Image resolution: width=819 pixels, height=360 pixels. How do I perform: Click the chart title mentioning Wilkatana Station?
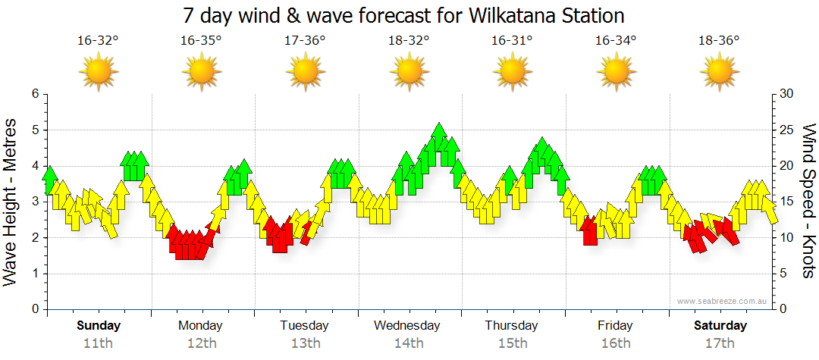click(x=403, y=15)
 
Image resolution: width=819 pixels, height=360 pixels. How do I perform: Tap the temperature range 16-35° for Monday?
click(x=201, y=41)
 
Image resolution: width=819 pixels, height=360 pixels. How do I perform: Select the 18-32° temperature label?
click(x=408, y=41)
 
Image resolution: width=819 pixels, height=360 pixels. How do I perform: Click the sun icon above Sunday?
click(x=98, y=73)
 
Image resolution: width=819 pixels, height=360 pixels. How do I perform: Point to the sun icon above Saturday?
click(x=719, y=73)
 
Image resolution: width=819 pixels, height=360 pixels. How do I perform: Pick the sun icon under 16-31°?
click(x=512, y=73)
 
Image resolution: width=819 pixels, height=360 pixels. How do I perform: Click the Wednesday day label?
click(x=407, y=326)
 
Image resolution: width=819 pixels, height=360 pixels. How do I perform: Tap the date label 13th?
click(x=305, y=343)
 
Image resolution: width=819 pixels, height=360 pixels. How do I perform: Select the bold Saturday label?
click(x=720, y=326)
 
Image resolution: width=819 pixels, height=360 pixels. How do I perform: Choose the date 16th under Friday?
click(x=615, y=343)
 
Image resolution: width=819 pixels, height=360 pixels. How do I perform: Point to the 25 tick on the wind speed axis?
click(x=787, y=130)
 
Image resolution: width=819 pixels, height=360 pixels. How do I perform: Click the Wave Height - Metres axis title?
click(x=11, y=202)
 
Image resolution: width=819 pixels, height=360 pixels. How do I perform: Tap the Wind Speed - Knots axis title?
click(x=808, y=202)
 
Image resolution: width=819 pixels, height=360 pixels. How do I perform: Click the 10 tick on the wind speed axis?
click(x=787, y=237)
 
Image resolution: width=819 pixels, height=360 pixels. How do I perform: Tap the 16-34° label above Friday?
click(x=615, y=41)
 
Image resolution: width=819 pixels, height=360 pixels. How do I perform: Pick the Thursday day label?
click(x=512, y=326)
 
